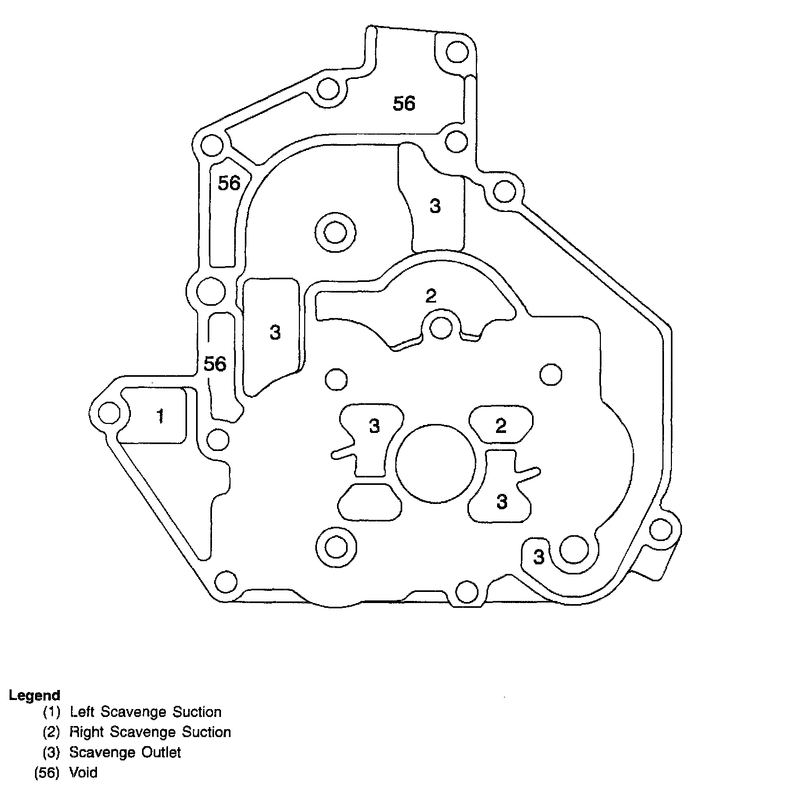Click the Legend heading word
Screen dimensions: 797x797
tap(34, 695)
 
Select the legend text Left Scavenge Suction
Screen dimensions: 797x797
tap(146, 712)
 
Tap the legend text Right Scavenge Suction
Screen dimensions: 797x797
tap(150, 732)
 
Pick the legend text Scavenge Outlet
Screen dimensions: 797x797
tap(126, 752)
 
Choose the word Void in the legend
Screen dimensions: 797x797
tap(84, 773)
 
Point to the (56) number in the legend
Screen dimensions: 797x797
tap(47, 773)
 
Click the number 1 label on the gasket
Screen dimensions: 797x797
tap(160, 416)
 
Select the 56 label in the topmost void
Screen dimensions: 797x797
tap(404, 103)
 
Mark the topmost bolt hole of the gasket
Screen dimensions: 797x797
tap(456, 52)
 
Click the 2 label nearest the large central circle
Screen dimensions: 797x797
tap(500, 425)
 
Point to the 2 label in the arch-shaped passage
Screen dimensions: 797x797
tap(431, 296)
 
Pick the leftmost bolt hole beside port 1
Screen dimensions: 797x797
tap(109, 413)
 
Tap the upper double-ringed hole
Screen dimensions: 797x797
tap(335, 232)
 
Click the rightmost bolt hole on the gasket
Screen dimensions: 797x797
tap(659, 530)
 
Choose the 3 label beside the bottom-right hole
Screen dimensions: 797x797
tap(538, 556)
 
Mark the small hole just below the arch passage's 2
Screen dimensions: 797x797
tap(440, 328)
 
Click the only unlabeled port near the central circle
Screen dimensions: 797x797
tap(370, 501)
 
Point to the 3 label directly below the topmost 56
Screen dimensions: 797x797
tap(435, 206)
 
